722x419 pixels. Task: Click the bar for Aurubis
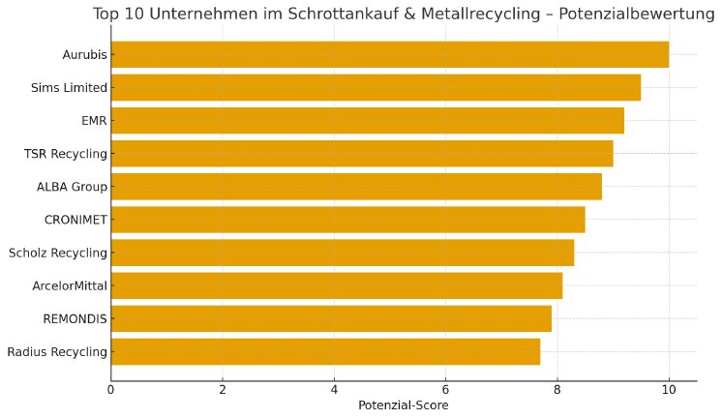click(389, 55)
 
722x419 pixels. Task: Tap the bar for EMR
click(367, 121)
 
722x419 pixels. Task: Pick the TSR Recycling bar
click(362, 154)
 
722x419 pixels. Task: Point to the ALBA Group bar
click(356, 187)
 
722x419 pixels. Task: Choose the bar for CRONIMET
click(347, 220)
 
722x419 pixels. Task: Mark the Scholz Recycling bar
click(342, 253)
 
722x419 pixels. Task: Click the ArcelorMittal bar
click(336, 285)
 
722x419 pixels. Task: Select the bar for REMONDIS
click(331, 318)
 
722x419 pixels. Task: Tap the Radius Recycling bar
click(325, 351)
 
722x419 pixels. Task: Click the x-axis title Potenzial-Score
click(404, 405)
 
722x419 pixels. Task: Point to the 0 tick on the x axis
click(111, 390)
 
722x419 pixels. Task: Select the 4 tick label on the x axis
click(334, 390)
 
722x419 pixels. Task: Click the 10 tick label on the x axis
click(668, 390)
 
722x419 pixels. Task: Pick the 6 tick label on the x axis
click(445, 390)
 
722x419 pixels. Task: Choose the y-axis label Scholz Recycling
click(58, 254)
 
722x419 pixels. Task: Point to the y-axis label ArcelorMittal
click(69, 286)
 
